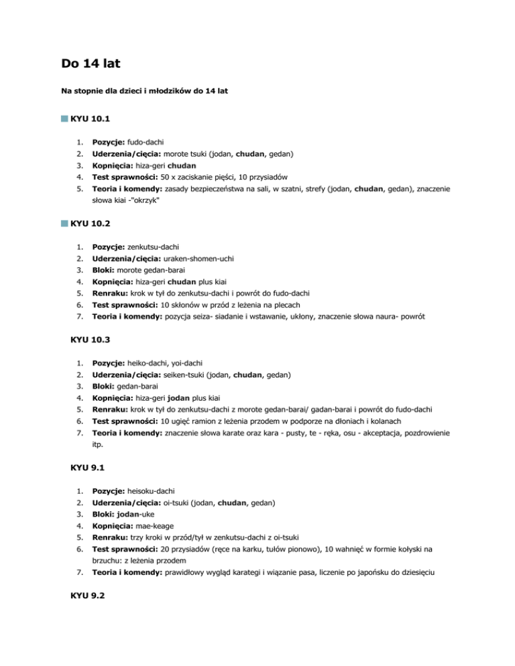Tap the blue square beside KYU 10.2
[63, 222]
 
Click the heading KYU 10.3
[90, 340]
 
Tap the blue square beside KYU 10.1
[63, 119]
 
